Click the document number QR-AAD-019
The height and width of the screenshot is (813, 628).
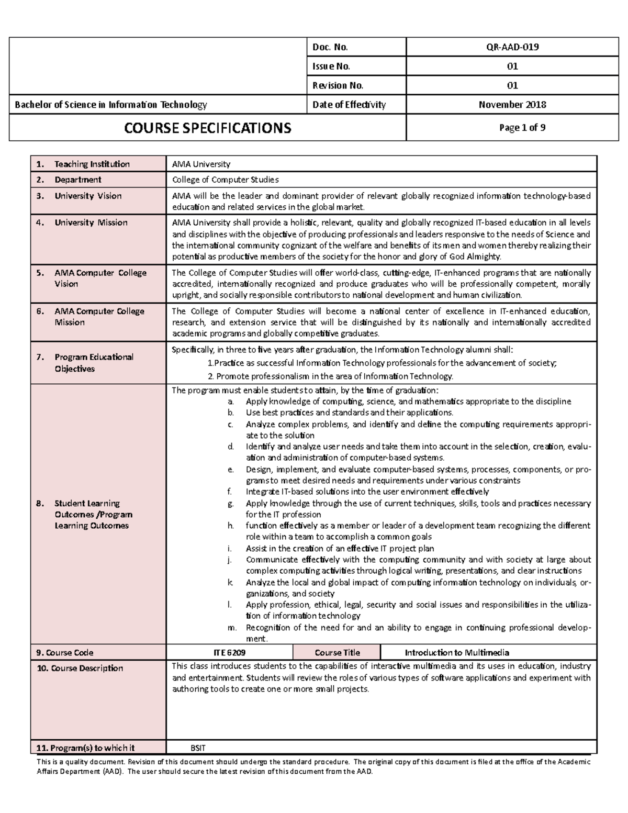(x=512, y=47)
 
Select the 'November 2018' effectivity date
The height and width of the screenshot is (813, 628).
(x=512, y=105)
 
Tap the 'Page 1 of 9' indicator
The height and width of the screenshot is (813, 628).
(x=512, y=128)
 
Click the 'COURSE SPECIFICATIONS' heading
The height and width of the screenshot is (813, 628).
(x=207, y=128)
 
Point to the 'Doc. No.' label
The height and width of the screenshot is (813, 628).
(x=330, y=47)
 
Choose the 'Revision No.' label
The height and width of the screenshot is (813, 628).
(x=338, y=85)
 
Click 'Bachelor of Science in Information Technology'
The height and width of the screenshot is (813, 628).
(x=111, y=105)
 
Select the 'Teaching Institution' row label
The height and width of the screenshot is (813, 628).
(x=92, y=164)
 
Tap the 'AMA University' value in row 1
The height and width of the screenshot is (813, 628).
(x=201, y=164)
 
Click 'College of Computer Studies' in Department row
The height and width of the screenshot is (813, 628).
(x=225, y=180)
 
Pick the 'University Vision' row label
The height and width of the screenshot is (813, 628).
(x=88, y=196)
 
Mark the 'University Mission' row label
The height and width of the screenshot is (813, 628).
(x=91, y=222)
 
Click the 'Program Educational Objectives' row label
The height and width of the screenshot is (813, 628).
(x=94, y=363)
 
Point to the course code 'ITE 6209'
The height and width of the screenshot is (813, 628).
(x=229, y=653)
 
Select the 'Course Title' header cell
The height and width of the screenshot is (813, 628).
(x=337, y=653)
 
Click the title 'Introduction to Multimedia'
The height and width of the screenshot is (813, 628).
(x=456, y=653)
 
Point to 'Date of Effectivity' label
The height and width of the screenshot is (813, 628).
(x=349, y=105)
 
